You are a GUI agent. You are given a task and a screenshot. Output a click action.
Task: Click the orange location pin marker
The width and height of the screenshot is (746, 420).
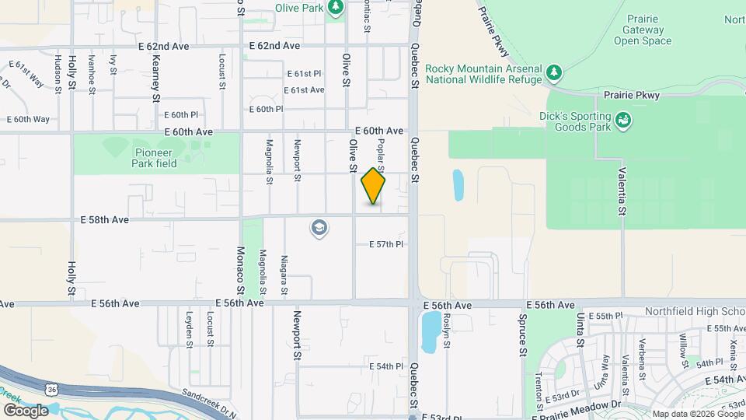[373, 187]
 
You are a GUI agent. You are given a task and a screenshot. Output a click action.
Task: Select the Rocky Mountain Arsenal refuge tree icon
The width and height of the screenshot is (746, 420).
[553, 73]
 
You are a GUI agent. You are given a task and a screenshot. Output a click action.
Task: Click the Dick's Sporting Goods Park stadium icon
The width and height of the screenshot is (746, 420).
[622, 121]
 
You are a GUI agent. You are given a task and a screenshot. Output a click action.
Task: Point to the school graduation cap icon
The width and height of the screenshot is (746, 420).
[319, 228]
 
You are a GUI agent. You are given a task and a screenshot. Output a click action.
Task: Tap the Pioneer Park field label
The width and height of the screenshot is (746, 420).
[155, 158]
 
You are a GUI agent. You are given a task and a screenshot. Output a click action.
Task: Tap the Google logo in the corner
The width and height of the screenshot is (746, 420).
[25, 410]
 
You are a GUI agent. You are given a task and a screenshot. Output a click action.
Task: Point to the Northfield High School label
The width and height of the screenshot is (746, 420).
[695, 311]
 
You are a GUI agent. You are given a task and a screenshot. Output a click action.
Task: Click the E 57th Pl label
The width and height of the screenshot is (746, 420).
[385, 244]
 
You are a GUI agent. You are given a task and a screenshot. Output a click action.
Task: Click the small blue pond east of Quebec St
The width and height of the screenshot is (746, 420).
[458, 184]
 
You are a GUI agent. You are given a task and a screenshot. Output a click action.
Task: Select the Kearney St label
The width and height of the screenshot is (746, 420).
[155, 79]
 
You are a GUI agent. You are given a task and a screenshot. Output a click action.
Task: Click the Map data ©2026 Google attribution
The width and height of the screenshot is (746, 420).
[697, 414]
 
